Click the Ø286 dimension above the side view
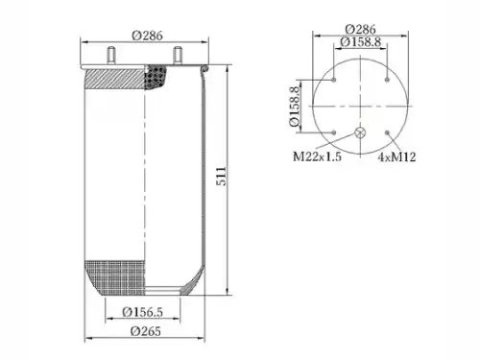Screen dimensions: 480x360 click(147, 36)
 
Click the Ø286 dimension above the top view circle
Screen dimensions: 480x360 click(360, 30)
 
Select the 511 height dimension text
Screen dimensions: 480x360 click(221, 177)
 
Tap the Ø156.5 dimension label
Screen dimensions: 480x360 click(143, 312)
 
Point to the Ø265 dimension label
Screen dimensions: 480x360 click(146, 331)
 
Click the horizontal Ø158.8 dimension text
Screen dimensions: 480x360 click(360, 42)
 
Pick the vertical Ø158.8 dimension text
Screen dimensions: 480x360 click(295, 107)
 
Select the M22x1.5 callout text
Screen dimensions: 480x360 click(317, 156)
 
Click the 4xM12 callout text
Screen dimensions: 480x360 click(396, 156)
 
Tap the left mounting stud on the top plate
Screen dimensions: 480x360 click(111, 56)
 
